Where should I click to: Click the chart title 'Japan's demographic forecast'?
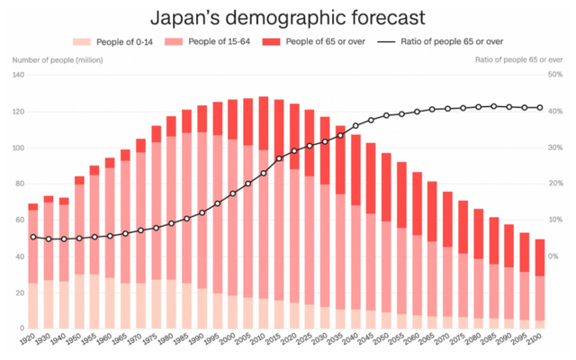(x=288, y=16)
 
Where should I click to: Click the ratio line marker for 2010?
(x=264, y=173)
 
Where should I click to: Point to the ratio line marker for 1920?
(x=33, y=237)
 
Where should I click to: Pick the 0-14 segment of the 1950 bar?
(x=80, y=301)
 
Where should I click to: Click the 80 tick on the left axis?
(x=19, y=184)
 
